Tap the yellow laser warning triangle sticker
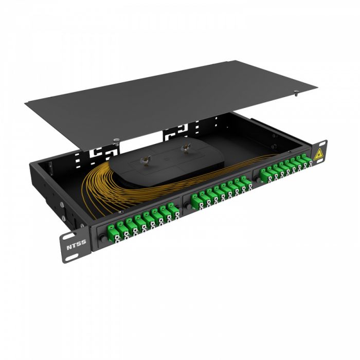[x=318, y=154]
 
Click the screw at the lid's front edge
[x=117, y=139]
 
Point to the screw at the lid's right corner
[x=298, y=93]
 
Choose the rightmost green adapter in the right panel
[x=308, y=163]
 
